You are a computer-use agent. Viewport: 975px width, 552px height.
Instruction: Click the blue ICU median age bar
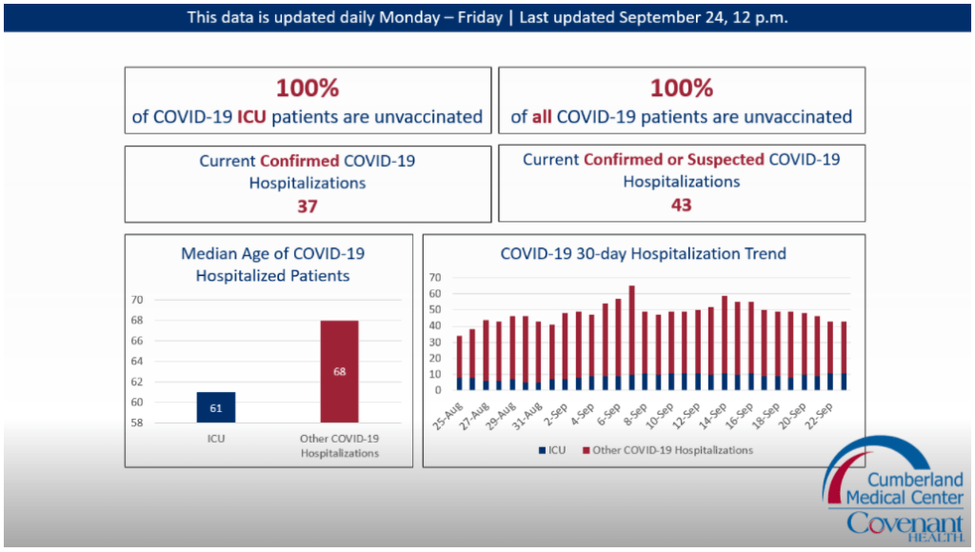tap(216, 406)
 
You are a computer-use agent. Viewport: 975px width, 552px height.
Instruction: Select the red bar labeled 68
tap(339, 371)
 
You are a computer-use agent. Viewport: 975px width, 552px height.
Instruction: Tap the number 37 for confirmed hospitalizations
tap(308, 205)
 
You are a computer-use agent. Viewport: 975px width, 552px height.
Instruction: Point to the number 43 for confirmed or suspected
tap(681, 205)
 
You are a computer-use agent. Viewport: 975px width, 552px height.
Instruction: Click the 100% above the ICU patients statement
tap(308, 89)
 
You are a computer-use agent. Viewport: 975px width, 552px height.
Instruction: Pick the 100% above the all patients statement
tap(681, 89)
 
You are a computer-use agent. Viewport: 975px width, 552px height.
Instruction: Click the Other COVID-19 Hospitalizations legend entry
tap(667, 450)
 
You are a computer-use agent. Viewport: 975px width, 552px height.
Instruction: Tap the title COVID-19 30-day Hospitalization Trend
tap(644, 254)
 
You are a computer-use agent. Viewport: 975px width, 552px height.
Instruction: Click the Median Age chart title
tap(272, 265)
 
